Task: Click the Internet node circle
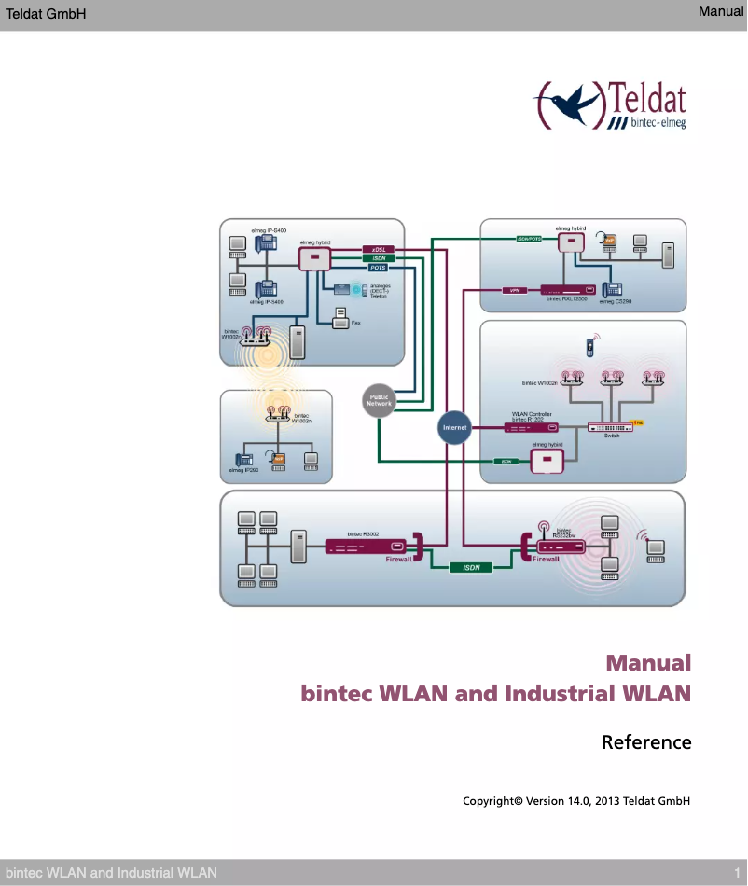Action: pos(454,427)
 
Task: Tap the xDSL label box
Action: pos(379,249)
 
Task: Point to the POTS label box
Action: pos(379,268)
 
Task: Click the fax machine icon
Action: pos(340,320)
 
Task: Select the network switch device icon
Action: pos(610,427)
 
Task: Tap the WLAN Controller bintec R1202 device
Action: pos(531,427)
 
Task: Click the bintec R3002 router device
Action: pos(367,547)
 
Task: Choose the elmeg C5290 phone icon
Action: pos(613,289)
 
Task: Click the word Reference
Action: pos(646,742)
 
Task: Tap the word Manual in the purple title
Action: pos(648,663)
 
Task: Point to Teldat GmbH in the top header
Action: pos(46,13)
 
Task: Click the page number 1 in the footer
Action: pos(737,872)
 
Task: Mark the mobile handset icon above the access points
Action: pos(589,347)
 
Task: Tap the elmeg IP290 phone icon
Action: pos(245,459)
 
